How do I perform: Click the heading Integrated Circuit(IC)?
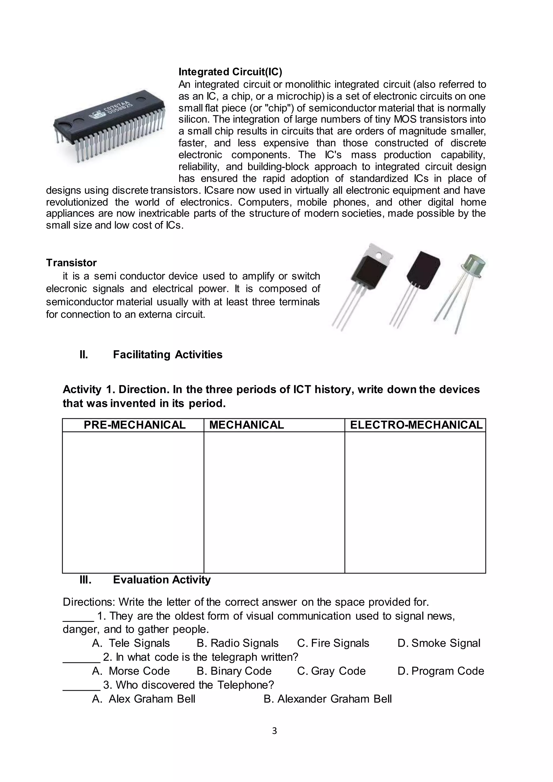[x=230, y=72]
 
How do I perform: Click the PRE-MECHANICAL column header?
[x=134, y=425]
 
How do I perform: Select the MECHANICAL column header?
[x=246, y=425]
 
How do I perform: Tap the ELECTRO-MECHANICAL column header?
[x=416, y=425]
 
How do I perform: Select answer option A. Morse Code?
[x=131, y=671]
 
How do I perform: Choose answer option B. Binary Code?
[x=234, y=671]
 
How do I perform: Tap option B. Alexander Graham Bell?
[x=328, y=699]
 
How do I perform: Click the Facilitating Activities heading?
[x=167, y=355]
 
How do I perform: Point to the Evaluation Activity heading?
[x=162, y=580]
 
